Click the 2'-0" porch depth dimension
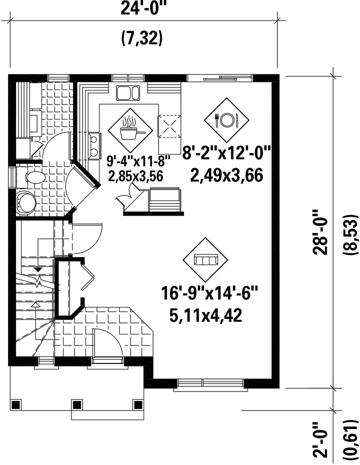pos(320,440)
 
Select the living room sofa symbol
pos(205,260)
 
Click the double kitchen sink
pos(128,93)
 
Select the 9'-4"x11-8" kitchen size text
pos(139,162)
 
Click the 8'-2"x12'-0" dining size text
pos(226,153)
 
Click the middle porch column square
pos(77,404)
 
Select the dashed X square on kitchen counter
pos(168,126)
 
